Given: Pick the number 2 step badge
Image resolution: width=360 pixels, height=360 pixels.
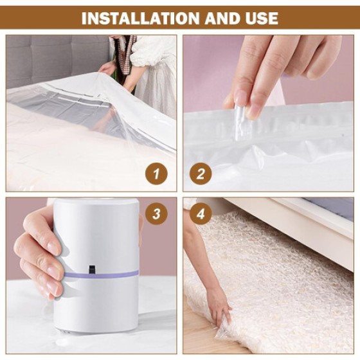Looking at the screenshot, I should [200, 174].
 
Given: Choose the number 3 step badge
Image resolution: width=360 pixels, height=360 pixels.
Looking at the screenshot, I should [156, 214].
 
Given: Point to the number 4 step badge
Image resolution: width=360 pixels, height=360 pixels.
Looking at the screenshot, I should [201, 214].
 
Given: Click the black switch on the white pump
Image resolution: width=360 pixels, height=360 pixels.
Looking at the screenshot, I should [91, 268].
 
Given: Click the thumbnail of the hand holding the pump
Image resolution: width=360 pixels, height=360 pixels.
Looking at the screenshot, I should [91, 275].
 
